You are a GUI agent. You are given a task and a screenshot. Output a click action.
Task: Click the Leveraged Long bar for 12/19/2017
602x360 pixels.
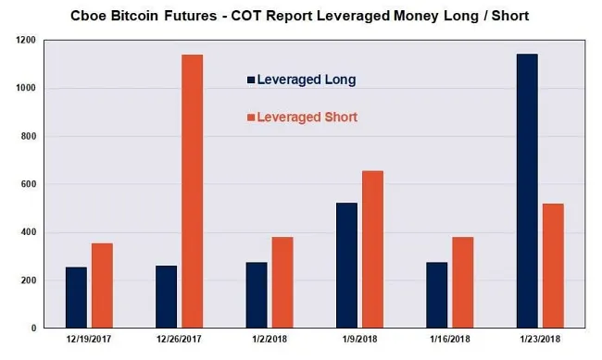(x=76, y=297)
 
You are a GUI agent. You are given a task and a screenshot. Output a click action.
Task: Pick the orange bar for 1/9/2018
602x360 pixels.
(x=372, y=249)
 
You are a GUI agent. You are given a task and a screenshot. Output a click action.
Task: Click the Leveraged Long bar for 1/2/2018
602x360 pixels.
(x=256, y=295)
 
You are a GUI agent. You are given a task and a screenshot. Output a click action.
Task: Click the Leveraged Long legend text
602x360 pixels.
(x=306, y=81)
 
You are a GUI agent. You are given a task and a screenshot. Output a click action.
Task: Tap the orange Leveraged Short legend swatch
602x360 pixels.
(x=250, y=118)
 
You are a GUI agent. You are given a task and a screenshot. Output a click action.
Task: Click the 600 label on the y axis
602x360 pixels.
(x=27, y=184)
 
